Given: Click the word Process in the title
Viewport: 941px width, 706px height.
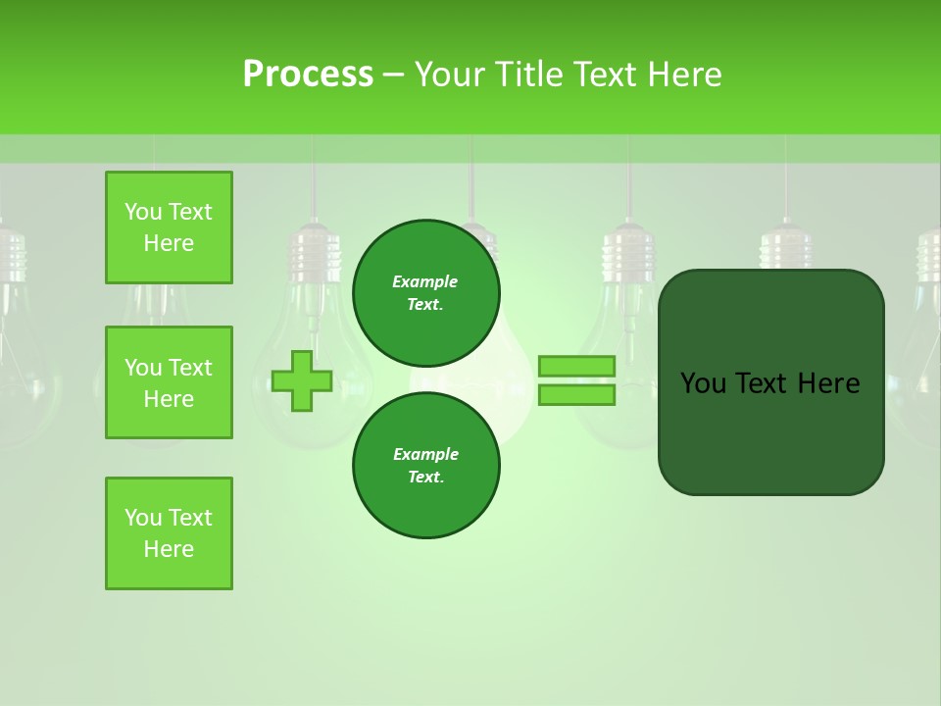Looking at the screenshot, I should pyautogui.click(x=308, y=74).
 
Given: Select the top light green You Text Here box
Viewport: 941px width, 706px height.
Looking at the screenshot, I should pyautogui.click(x=169, y=227).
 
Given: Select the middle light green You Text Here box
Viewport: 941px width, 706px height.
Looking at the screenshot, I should pyautogui.click(x=169, y=382).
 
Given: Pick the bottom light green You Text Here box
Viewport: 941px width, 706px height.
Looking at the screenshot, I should pyautogui.click(x=169, y=533).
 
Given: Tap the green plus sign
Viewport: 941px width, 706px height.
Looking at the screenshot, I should pyautogui.click(x=302, y=380).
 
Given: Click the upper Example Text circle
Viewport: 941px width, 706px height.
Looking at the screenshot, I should pyautogui.click(x=426, y=293).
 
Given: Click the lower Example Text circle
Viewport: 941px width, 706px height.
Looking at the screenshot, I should pyautogui.click(x=426, y=466).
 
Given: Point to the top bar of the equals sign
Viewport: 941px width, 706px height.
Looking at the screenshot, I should pyautogui.click(x=576, y=366).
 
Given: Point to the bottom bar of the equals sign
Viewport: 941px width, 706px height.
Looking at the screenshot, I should pyautogui.click(x=576, y=395).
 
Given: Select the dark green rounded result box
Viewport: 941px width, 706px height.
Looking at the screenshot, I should pyautogui.click(x=770, y=382).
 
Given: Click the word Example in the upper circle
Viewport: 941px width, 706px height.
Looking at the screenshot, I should pyautogui.click(x=425, y=281).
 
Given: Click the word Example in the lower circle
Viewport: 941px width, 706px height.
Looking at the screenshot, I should pyautogui.click(x=425, y=454).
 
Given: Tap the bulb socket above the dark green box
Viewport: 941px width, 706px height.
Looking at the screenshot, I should pyautogui.click(x=785, y=245).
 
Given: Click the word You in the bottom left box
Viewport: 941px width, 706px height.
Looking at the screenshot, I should pyautogui.click(x=142, y=518).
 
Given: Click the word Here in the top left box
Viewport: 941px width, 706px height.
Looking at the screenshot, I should pyautogui.click(x=169, y=243).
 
